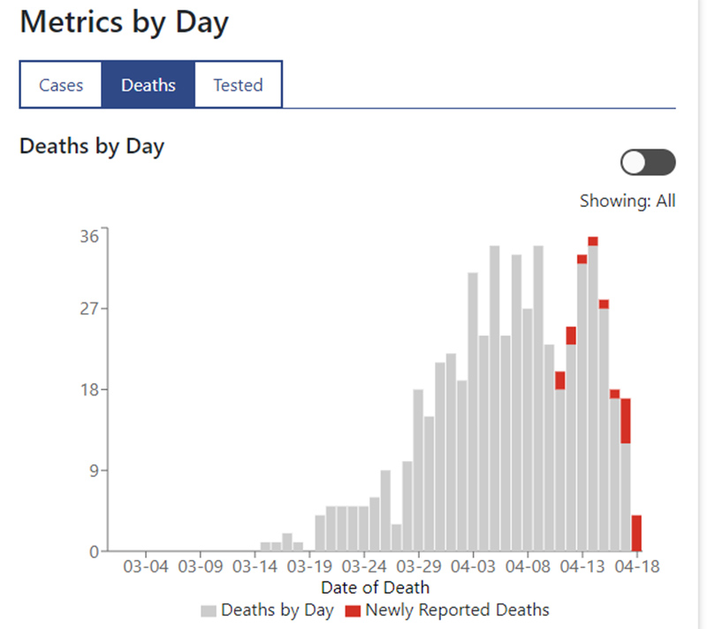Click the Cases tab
click(x=61, y=85)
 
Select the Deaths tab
click(x=148, y=85)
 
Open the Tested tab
click(x=238, y=85)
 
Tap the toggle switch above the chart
click(x=648, y=163)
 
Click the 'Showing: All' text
click(x=627, y=201)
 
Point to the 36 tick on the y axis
click(x=90, y=236)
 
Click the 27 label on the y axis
click(x=90, y=309)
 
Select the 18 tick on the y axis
click(x=90, y=390)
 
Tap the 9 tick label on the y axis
click(x=95, y=471)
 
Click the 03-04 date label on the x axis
click(x=146, y=565)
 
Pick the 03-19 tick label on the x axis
click(x=309, y=565)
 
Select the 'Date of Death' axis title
click(x=376, y=587)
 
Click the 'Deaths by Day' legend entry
click(x=267, y=610)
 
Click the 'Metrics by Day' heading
click(x=124, y=23)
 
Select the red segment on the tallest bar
click(x=593, y=241)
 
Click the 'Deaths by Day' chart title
click(x=92, y=146)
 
